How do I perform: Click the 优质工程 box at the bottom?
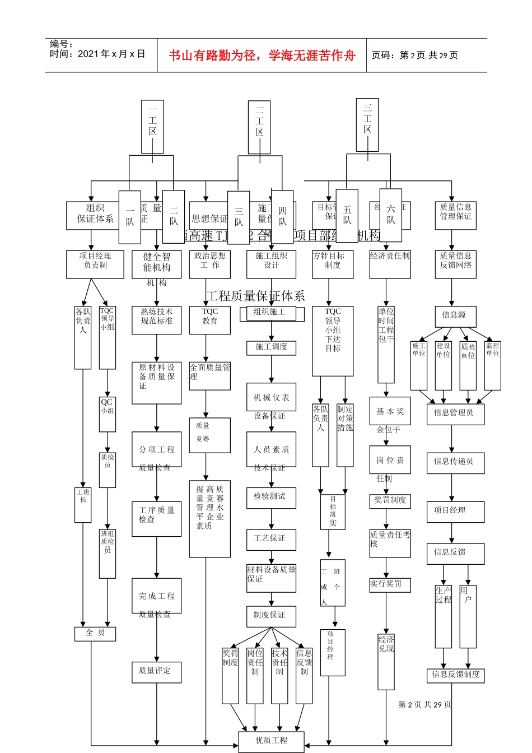coord(271,741)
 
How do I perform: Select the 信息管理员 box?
coord(455,413)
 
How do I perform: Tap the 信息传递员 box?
coord(455,462)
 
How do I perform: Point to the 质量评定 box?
coord(156,671)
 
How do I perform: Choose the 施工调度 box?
coord(271,347)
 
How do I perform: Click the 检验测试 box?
coord(271,497)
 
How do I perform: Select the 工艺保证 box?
coord(271,539)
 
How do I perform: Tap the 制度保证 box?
coord(271,616)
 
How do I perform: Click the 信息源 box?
coord(455,316)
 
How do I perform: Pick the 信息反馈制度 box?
coord(455,675)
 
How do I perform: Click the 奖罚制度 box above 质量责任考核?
coord(390,501)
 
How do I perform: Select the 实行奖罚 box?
coord(390,584)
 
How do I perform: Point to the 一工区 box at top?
coord(152,127)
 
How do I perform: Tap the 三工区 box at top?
coord(367,124)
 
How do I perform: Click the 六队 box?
coord(390,215)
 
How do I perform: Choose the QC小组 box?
coord(107,414)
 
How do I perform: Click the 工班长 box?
coord(83,504)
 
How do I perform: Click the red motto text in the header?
coord(262,55)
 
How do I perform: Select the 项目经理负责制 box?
coord(95,264)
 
